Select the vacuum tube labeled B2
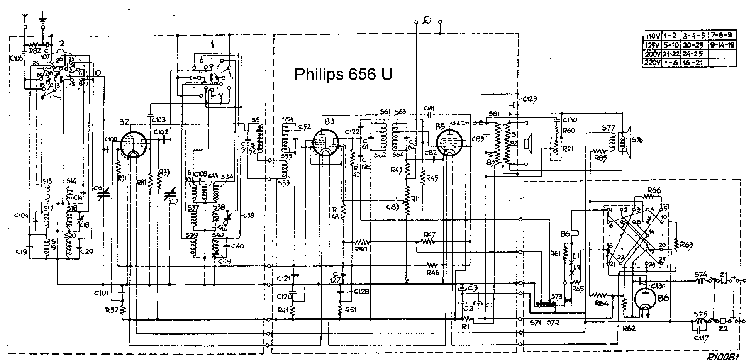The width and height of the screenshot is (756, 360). [x=132, y=145]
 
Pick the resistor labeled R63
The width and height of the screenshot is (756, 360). [x=676, y=243]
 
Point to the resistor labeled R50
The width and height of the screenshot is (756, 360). [x=362, y=243]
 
